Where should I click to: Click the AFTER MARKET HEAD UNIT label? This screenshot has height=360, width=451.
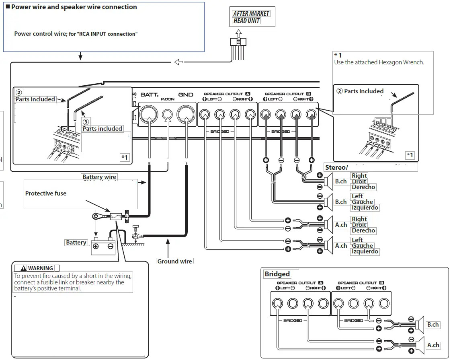pos(252,17)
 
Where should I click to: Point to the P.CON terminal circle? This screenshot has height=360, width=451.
pos(168,115)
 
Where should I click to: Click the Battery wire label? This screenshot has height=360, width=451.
pos(99,177)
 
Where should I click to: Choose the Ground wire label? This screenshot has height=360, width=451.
pos(174,261)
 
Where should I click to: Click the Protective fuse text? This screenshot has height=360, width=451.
pos(46,193)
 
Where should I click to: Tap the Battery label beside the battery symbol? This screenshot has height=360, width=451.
pos(76,243)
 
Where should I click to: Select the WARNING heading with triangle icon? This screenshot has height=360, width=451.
pos(37,268)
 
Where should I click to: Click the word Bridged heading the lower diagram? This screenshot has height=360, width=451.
pos(277,274)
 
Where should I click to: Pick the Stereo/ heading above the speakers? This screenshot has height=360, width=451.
pos(336,167)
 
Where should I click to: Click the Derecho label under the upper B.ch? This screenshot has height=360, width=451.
pos(363,187)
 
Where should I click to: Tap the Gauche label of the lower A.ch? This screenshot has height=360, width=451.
pos(362,246)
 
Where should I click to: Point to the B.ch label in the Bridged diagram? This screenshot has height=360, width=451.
pos(433,325)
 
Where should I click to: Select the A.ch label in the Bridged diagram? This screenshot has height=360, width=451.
pos(433,345)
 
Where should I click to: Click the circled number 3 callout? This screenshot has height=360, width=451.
pos(85,121)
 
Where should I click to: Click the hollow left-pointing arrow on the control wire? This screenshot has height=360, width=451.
pos(178,62)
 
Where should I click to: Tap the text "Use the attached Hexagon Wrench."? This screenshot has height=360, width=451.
pos(379,62)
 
